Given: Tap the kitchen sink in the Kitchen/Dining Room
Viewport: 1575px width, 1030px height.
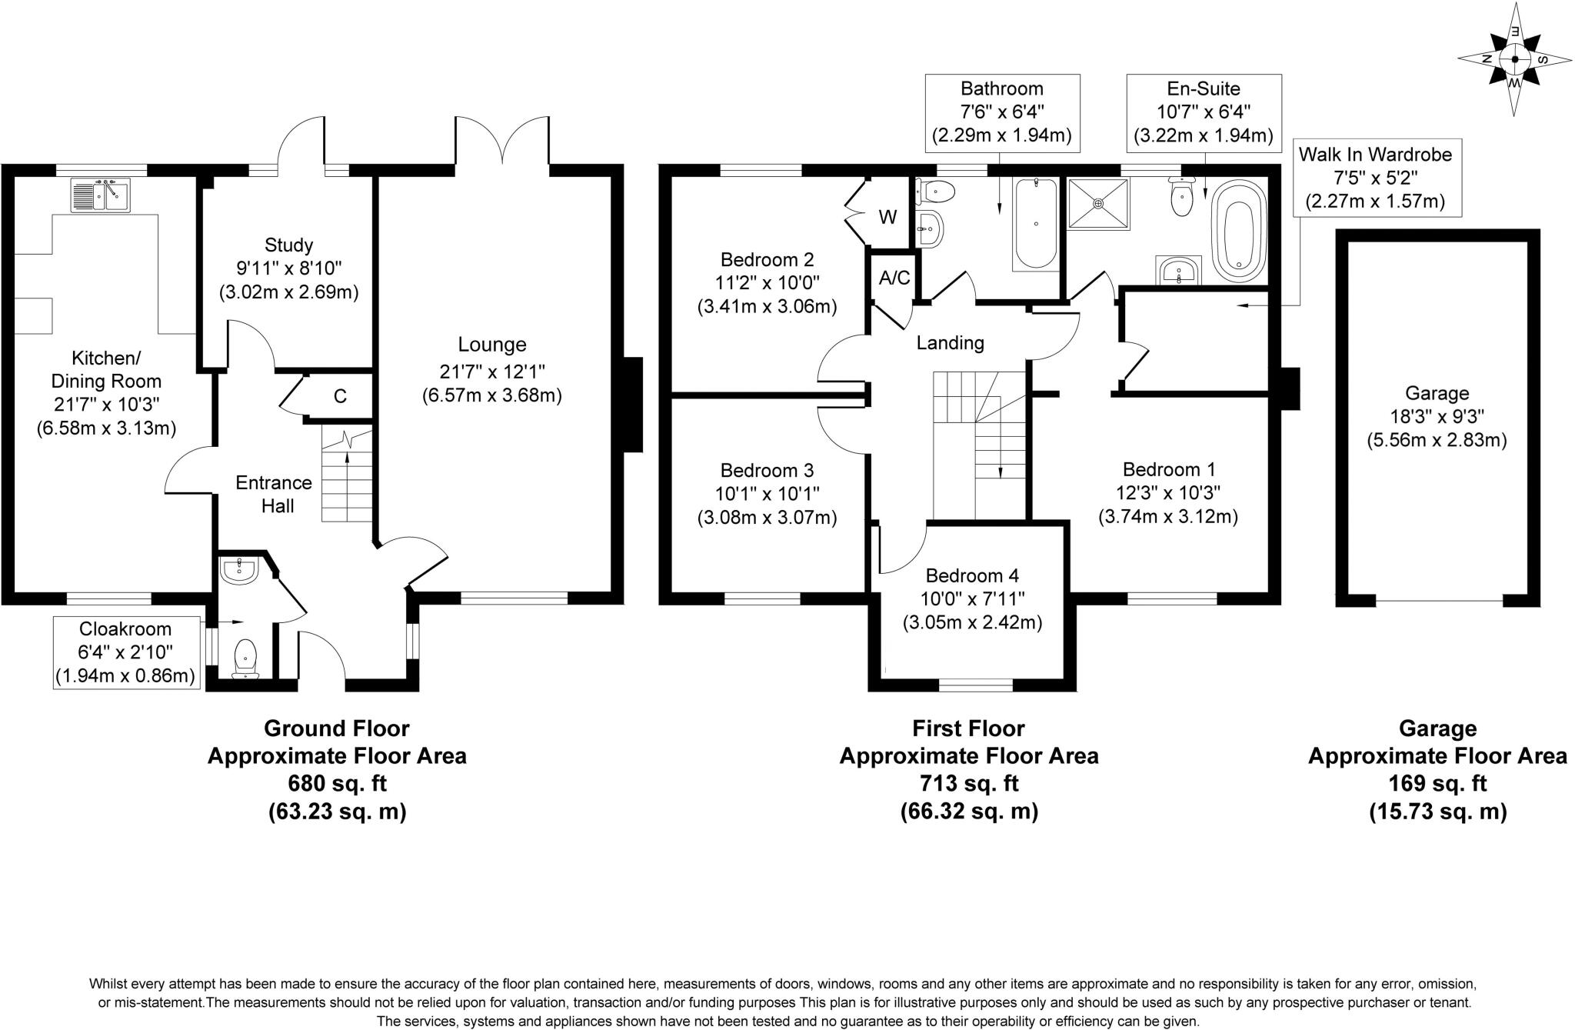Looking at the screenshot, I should pyautogui.click(x=100, y=195).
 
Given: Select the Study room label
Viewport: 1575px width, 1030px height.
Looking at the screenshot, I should pyautogui.click(x=288, y=245).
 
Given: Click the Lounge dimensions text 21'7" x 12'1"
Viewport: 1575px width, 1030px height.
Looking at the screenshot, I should pyautogui.click(x=492, y=372).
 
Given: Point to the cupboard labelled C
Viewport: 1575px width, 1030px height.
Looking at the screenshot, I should pyautogui.click(x=340, y=396).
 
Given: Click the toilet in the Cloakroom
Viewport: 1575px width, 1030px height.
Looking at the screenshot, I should pyautogui.click(x=245, y=657).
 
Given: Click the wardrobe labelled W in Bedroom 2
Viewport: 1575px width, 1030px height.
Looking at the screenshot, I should pyautogui.click(x=887, y=217).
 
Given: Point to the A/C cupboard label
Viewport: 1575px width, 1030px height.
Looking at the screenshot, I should pyautogui.click(x=894, y=278).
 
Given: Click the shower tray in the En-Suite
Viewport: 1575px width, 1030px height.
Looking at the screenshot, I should pyautogui.click(x=1099, y=203).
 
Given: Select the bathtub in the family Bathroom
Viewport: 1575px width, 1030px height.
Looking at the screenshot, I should pyautogui.click(x=1036, y=223).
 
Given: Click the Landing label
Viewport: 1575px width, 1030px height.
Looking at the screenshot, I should pyautogui.click(x=950, y=343).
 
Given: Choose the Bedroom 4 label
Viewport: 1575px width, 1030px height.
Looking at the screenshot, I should pyautogui.click(x=972, y=575).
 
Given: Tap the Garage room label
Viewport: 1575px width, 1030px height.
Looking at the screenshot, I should pyautogui.click(x=1437, y=393).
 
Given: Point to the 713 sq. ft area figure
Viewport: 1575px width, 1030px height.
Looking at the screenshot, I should pyautogui.click(x=968, y=783).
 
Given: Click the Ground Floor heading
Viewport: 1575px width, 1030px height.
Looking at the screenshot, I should pyautogui.click(x=336, y=728).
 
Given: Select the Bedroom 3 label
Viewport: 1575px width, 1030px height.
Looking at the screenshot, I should pyautogui.click(x=767, y=470).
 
